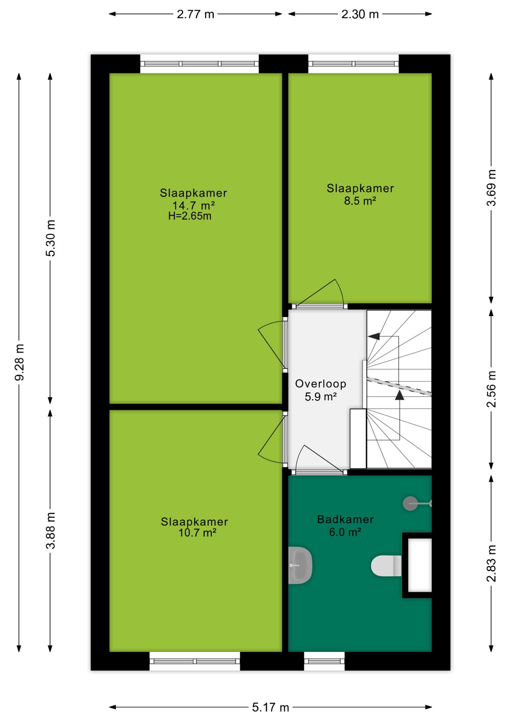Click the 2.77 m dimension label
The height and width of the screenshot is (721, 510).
195,14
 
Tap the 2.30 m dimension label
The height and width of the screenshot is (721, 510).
360,14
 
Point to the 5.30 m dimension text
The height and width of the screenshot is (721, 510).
50,238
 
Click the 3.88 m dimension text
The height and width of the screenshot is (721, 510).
50,530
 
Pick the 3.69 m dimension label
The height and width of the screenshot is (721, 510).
491,188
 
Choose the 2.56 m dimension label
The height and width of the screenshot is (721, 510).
491,389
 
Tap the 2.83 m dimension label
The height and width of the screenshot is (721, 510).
491,563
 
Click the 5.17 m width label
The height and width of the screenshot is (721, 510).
270,707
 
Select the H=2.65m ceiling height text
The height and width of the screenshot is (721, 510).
190,216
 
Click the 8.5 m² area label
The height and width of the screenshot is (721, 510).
360,201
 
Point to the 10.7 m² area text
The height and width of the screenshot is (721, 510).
197,532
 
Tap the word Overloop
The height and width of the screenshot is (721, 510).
320,384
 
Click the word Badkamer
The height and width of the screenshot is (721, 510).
346,519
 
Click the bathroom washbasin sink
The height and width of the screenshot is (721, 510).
300,565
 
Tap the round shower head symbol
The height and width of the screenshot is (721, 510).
410,503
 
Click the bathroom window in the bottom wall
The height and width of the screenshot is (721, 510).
324,661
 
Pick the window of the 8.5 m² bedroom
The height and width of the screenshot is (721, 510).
353,64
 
